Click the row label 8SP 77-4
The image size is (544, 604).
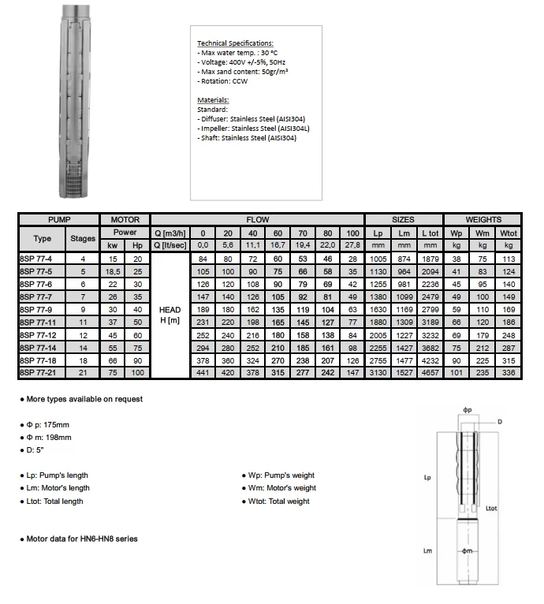tap(37, 259)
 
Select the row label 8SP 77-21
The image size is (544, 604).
tap(39, 371)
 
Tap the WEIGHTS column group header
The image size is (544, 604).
tap(483, 219)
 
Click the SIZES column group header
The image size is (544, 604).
tap(404, 219)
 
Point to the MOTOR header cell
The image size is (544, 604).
tap(125, 219)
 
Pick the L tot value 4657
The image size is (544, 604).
tap(430, 371)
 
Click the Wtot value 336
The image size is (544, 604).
tap(509, 371)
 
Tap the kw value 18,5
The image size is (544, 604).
tap(113, 270)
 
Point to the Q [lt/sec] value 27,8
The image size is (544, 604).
tap(352, 245)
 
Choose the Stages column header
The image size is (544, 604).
tap(83, 238)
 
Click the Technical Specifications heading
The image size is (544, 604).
tap(235, 43)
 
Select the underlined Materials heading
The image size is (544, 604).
tap(213, 100)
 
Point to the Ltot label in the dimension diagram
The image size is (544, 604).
tap(491, 509)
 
